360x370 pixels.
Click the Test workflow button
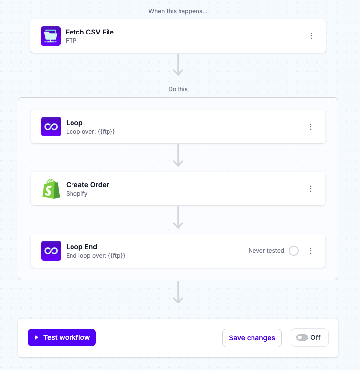point(62,337)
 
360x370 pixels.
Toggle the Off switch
point(302,337)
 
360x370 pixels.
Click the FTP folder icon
point(51,36)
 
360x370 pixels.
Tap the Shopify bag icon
point(51,189)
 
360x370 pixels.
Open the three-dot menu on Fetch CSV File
point(311,36)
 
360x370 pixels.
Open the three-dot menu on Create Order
point(311,189)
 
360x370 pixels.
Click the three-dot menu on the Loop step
point(311,127)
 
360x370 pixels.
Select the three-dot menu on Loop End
point(311,251)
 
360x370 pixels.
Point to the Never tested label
point(266,251)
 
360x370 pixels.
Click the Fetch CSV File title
point(90,32)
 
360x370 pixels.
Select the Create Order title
point(88,185)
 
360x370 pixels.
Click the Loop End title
point(81,247)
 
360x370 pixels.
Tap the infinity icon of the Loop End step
point(51,251)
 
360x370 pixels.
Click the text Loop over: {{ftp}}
point(90,132)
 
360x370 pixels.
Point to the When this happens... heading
point(178,11)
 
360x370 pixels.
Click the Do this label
point(178,89)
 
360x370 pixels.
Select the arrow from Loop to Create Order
point(178,155)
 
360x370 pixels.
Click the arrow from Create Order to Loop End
point(178,217)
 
